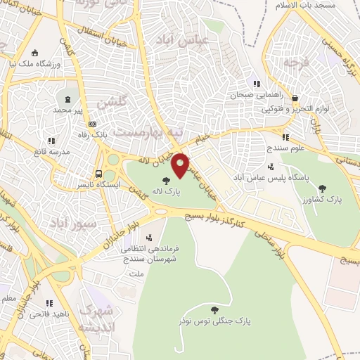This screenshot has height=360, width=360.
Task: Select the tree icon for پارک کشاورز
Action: click(x=322, y=188)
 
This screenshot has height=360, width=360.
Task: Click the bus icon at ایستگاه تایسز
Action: click(x=98, y=174)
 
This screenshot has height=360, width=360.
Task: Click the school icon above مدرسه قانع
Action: click(x=51, y=141)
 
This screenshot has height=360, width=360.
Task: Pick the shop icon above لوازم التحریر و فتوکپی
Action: click(x=295, y=98)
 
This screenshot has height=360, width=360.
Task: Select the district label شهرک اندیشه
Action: click(x=96, y=319)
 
